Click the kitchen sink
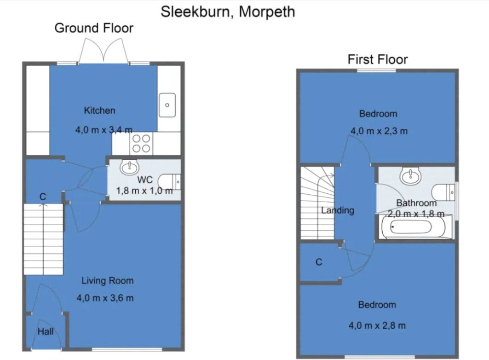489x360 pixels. pyautogui.click(x=167, y=105)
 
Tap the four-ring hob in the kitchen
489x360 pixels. pyautogui.click(x=141, y=143)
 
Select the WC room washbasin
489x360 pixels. pyautogui.click(x=129, y=168)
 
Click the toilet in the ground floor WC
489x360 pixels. pyautogui.click(x=169, y=182)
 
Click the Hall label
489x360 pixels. pyautogui.click(x=46, y=331)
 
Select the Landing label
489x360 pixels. pyautogui.click(x=338, y=210)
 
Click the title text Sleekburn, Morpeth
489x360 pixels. pyautogui.click(x=228, y=12)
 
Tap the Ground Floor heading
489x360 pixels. pyautogui.click(x=94, y=28)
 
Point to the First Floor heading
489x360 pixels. pyautogui.click(x=378, y=59)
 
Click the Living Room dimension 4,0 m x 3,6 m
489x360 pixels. pyautogui.click(x=105, y=298)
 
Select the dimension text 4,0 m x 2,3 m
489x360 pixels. pyautogui.click(x=379, y=131)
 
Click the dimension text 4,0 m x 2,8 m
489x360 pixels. pyautogui.click(x=377, y=325)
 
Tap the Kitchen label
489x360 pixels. pyautogui.click(x=99, y=110)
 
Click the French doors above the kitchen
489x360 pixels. pyautogui.click(x=103, y=51)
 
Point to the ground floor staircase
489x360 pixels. pyautogui.click(x=43, y=239)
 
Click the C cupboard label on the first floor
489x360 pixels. pyautogui.click(x=319, y=262)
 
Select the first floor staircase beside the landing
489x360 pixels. pyautogui.click(x=317, y=203)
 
